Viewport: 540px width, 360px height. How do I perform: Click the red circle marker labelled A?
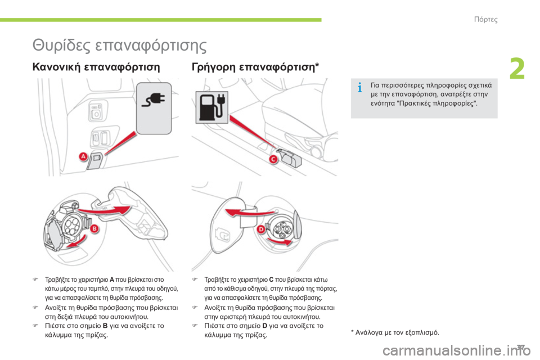pos(83,157)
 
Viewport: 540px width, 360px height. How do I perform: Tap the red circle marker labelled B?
pos(94,229)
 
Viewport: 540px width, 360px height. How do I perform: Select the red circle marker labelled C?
pos(273,159)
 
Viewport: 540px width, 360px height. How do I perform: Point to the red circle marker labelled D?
pos(261,229)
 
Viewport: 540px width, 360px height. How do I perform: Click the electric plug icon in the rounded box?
pos(154,101)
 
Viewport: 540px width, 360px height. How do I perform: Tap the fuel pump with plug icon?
pos(212,107)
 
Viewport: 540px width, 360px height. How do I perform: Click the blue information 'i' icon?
pos(360,88)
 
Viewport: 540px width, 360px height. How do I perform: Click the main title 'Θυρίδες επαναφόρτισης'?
pos(119,45)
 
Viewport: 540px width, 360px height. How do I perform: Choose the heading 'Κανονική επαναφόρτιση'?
pos(96,66)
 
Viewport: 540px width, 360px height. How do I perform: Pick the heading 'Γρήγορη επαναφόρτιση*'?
pos(255,66)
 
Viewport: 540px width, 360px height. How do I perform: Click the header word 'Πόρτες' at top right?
pos(485,19)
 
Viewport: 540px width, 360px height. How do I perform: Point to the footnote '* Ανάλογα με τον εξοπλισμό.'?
pos(395,332)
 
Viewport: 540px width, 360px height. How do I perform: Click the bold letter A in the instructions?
pos(112,280)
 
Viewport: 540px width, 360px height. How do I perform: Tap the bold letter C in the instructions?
pos(271,280)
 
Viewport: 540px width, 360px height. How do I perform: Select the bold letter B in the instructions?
pos(105,326)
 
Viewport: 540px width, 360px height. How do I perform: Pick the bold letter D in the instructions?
pos(264,326)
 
